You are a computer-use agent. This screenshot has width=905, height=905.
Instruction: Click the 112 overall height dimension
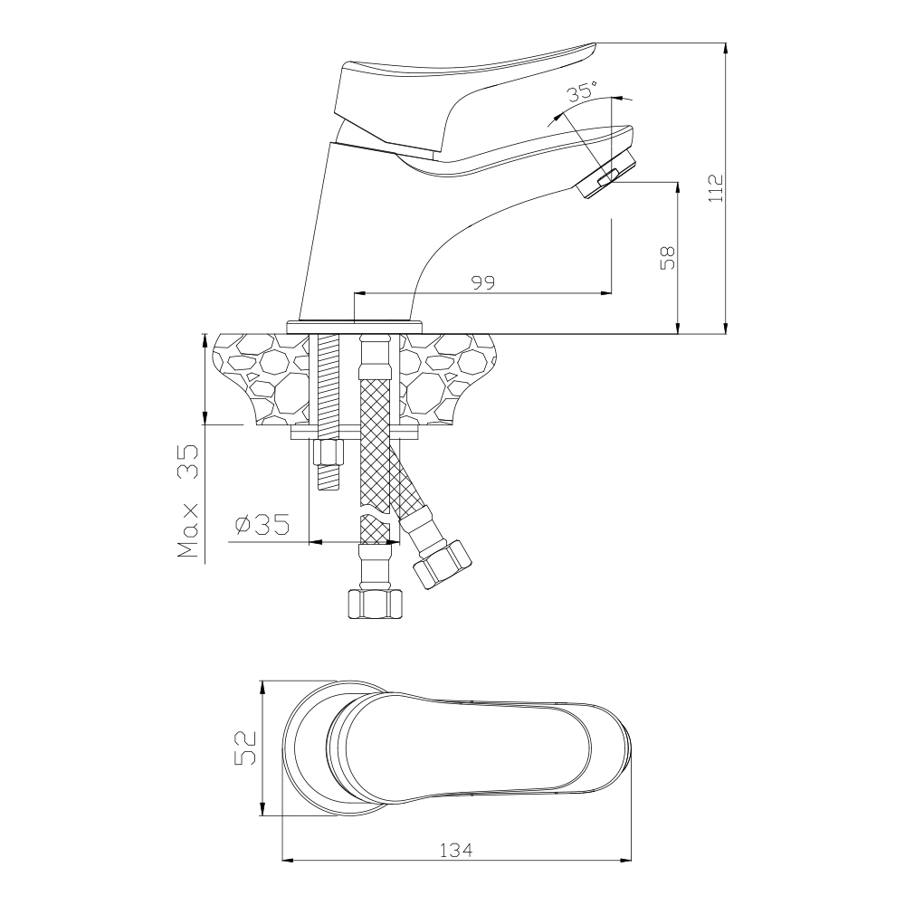(716, 187)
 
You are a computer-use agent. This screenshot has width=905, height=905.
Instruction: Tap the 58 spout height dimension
(667, 257)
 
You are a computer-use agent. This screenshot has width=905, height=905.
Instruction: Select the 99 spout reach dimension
(483, 282)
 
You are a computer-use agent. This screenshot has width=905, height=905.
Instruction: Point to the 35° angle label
(581, 91)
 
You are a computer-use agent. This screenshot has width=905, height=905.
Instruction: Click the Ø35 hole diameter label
(262, 525)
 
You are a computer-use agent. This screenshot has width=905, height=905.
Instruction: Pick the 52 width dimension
(244, 748)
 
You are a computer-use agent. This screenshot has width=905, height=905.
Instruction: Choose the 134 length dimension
(456, 850)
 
